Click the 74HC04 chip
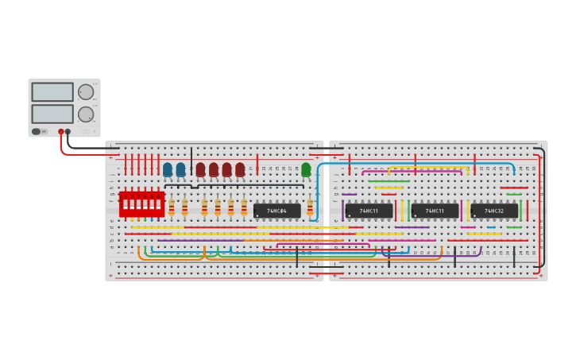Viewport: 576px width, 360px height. tap(276, 211)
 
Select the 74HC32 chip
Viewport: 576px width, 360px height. tap(494, 211)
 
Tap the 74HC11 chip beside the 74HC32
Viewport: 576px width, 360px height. tap(435, 211)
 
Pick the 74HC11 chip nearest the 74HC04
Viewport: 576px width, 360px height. tap(369, 211)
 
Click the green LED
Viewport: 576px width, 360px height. tap(306, 169)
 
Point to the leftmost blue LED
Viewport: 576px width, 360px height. tap(168, 169)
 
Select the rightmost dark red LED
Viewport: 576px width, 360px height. tap(240, 169)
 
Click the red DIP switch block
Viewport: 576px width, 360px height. tap(141, 204)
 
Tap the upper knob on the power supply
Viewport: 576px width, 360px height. tap(85, 92)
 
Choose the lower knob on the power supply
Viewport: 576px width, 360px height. tap(85, 114)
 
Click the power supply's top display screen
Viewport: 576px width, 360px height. tap(52, 92)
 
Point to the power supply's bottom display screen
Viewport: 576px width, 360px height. tap(52, 114)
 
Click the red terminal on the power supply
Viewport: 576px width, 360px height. tap(60, 132)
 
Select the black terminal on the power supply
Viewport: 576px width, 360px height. tap(68, 132)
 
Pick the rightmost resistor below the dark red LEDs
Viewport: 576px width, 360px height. tap(244, 207)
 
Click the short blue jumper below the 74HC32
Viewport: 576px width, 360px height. tap(491, 227)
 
